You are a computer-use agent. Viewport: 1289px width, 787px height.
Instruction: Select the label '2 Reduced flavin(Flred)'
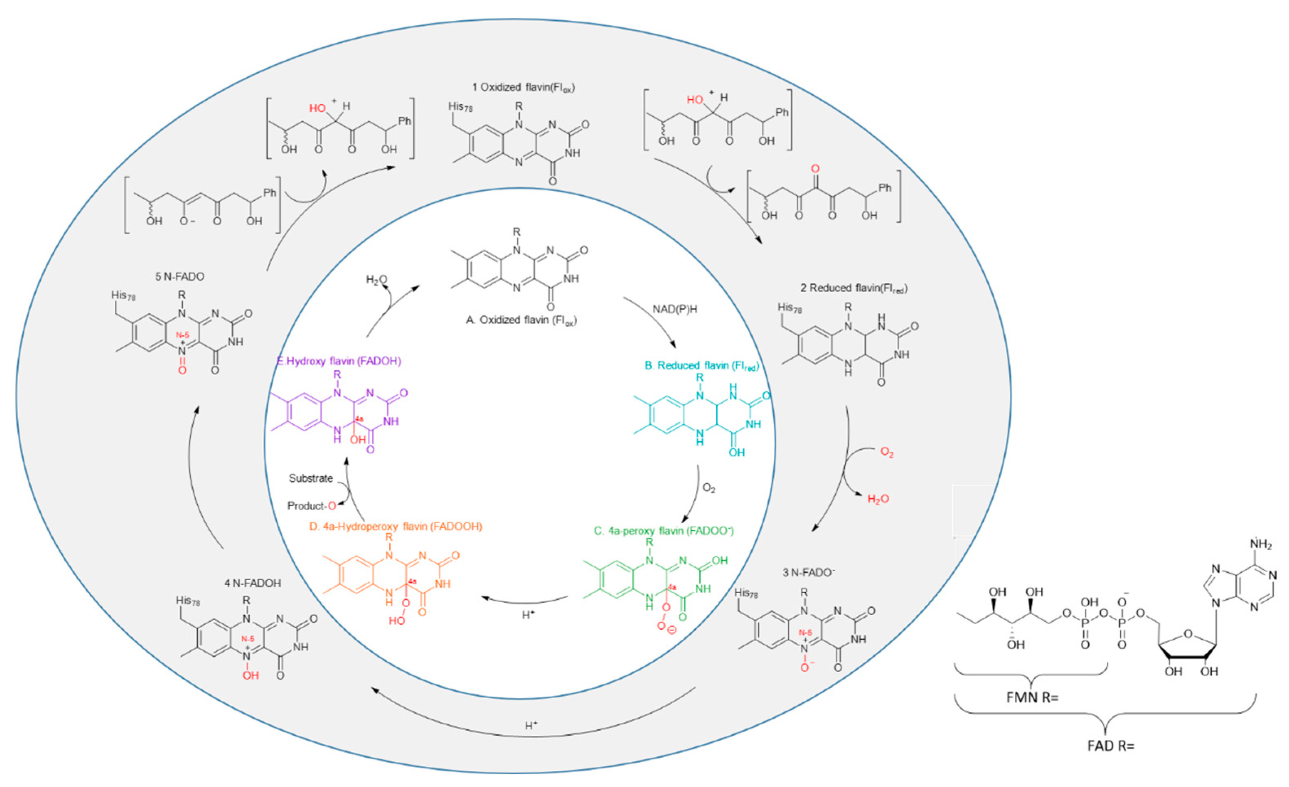[x=854, y=288]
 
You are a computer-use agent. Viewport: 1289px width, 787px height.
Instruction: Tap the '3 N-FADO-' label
[x=808, y=573]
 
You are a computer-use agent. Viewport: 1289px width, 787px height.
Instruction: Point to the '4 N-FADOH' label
[x=252, y=583]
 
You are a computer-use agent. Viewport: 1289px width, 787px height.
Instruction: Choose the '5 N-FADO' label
[x=179, y=277]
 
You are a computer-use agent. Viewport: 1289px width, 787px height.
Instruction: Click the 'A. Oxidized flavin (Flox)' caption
[x=521, y=320]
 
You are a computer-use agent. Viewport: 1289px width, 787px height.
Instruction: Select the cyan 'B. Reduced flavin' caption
[x=701, y=366]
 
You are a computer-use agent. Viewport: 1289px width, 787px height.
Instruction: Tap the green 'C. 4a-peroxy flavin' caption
[x=663, y=531]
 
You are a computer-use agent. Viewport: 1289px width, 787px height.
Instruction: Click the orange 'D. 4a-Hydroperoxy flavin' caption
[x=395, y=527]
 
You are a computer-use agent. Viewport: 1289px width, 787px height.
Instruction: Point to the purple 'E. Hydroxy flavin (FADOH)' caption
[x=339, y=361]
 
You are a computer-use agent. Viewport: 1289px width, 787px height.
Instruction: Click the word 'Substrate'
[x=311, y=478]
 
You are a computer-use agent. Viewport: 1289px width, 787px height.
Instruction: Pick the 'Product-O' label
[x=312, y=506]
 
